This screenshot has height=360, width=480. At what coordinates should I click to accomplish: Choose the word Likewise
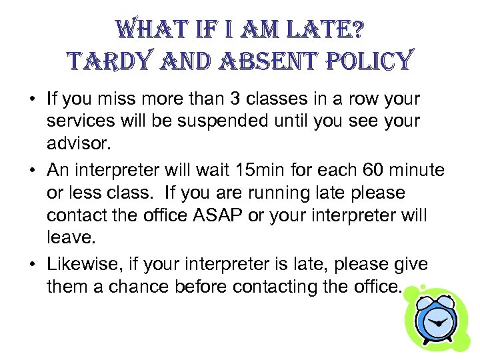(x=81, y=265)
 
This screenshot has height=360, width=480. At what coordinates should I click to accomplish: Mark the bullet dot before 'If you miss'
(x=32, y=100)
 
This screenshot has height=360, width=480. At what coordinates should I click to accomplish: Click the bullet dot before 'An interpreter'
(x=32, y=171)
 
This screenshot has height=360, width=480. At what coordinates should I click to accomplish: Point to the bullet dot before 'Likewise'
(x=32, y=265)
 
